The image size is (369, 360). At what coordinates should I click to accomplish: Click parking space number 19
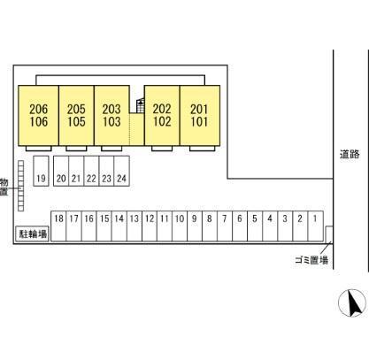coord(41,171)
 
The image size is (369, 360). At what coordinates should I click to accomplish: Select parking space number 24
coord(121,171)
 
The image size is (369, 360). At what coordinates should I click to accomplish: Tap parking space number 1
coord(316,226)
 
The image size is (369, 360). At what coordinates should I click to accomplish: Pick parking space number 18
coord(58,226)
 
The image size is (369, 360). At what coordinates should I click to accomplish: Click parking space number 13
coord(135,226)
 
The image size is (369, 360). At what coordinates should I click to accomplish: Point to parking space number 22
coord(91,171)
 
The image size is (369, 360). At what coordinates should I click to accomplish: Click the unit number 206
coord(38,109)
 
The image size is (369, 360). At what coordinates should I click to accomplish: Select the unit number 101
coord(199,121)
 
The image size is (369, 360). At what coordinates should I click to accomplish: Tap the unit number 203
coord(111,109)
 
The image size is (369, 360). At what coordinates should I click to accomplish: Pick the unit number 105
coord(76,121)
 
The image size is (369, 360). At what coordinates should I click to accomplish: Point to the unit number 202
coord(162,109)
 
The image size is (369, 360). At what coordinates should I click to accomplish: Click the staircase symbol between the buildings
coord(141,105)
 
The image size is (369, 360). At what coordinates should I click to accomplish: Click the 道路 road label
coord(350,154)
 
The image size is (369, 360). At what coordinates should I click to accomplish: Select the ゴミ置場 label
coord(311,260)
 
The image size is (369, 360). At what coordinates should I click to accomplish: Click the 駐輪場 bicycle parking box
coord(33,234)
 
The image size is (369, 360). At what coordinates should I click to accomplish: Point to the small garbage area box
coord(329,234)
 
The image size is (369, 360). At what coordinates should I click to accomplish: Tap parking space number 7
coord(225,226)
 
